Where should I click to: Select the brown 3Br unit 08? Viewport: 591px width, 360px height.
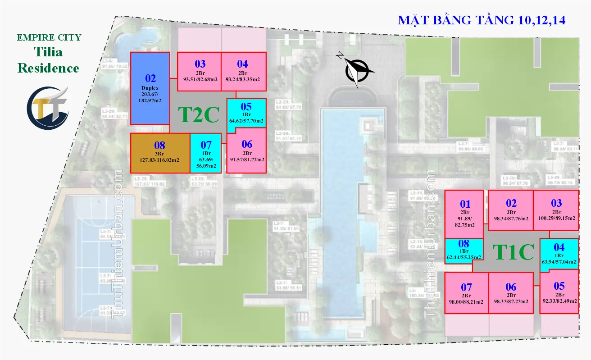[160, 153]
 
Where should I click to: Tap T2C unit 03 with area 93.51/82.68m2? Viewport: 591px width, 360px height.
[199, 72]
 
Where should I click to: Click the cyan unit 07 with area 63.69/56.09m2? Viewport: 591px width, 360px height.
[206, 153]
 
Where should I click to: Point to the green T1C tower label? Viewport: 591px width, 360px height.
[513, 252]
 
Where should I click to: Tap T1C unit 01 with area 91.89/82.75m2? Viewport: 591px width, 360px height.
[464, 214]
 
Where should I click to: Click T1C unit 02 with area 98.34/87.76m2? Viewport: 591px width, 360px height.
[511, 210]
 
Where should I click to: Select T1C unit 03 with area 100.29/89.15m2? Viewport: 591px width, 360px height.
[556, 210]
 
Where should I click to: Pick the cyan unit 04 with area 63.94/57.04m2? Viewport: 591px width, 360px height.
[559, 254]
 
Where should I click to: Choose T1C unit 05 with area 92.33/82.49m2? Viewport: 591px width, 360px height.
[559, 292]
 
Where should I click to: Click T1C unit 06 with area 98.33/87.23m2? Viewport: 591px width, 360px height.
[511, 293]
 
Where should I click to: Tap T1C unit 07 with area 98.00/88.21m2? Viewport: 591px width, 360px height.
[466, 293]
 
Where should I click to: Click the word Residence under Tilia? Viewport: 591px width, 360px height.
[48, 68]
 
